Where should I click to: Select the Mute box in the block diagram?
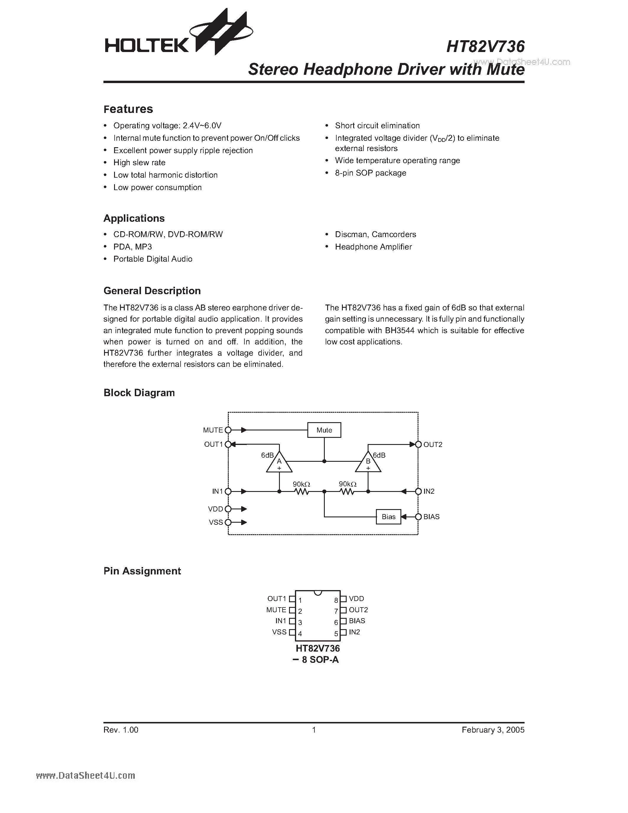tap(324, 430)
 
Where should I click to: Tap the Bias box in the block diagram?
tap(388, 517)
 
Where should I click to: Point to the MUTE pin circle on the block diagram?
tap(228, 430)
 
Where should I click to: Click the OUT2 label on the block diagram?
tap(433, 444)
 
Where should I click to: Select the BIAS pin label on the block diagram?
tap(431, 517)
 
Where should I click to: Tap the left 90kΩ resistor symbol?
tap(302, 491)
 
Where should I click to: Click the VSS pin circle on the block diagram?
tap(228, 522)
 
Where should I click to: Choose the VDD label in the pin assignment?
tap(356, 599)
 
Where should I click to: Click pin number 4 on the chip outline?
tap(300, 634)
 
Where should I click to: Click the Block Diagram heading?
tap(139, 393)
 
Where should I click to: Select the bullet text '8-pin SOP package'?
tap(370, 173)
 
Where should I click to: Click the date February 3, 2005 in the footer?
tap(493, 730)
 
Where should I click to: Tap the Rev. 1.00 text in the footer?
tap(121, 730)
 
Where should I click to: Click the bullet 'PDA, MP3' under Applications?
tap(132, 247)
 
